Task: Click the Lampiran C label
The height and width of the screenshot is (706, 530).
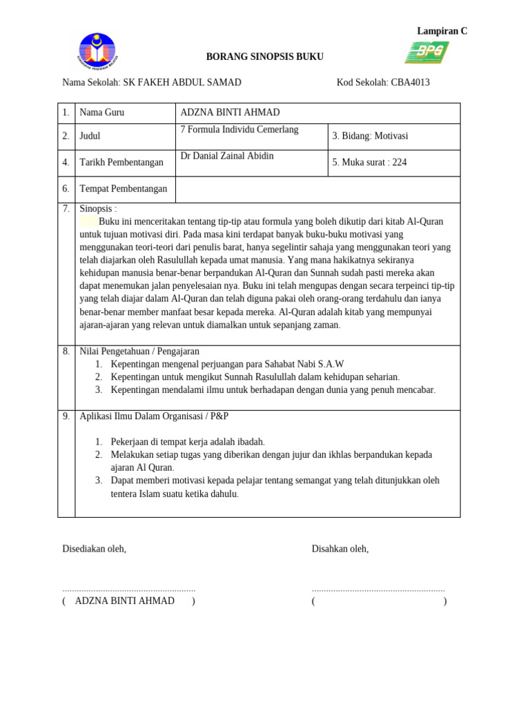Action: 442,31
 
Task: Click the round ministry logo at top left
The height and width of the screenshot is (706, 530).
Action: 99,53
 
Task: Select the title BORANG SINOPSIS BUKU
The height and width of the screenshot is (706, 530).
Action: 265,57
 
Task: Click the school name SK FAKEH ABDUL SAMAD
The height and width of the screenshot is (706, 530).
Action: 181,83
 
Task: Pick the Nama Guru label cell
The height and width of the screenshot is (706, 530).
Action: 102,113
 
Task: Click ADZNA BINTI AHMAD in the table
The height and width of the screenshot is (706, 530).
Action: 230,113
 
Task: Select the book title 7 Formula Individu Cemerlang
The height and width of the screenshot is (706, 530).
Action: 239,130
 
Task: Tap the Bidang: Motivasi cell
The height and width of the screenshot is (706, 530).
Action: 370,137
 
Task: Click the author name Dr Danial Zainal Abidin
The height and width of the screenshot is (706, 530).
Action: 226,156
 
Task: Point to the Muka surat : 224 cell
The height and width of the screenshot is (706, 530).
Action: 369,163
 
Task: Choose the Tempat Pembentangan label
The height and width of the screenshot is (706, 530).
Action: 124,189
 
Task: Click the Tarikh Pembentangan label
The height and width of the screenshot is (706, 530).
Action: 121,163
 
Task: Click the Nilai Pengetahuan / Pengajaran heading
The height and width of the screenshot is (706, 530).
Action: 139,352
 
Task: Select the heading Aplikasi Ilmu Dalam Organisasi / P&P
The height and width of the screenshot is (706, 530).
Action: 154,416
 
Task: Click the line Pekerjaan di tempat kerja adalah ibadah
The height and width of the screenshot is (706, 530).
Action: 188,442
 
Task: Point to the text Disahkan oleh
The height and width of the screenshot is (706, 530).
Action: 340,549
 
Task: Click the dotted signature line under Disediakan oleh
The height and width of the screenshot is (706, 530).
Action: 129,590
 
